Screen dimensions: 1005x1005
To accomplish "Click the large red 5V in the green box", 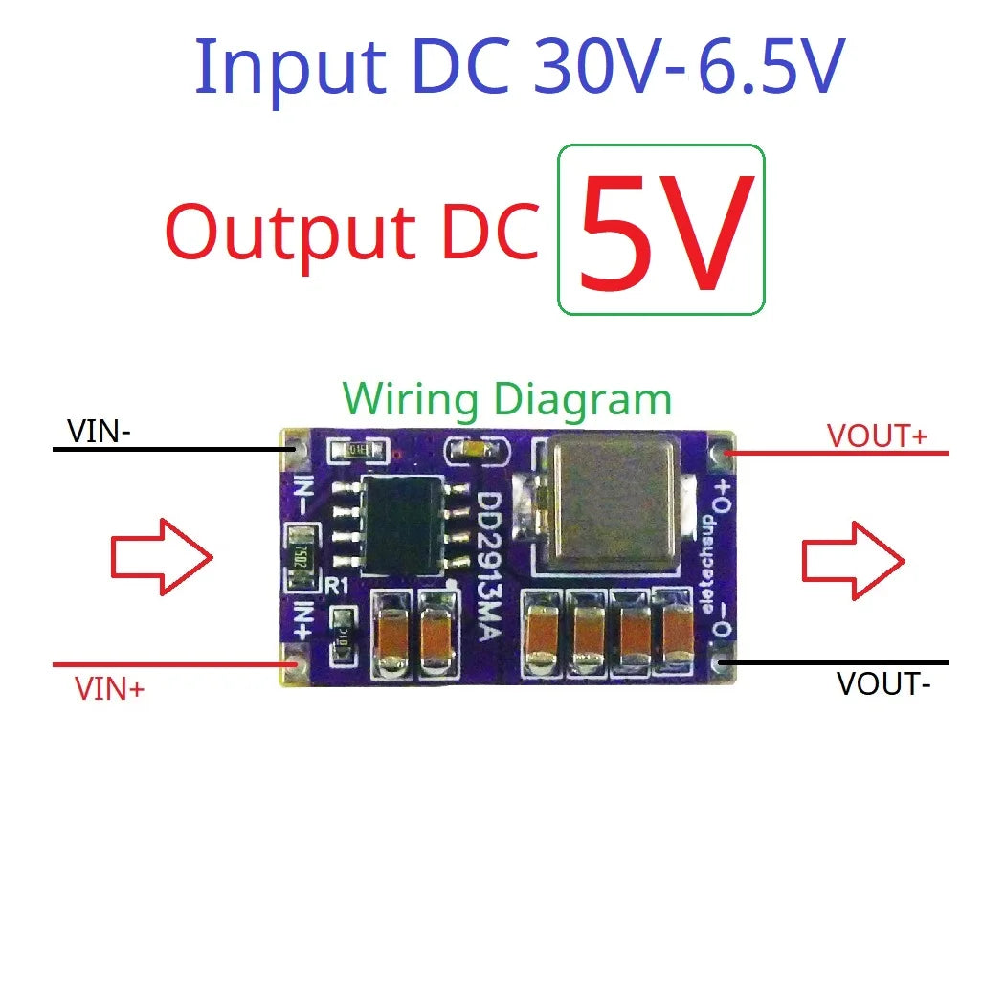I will coord(660,233).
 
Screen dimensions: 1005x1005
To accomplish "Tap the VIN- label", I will coord(100,433).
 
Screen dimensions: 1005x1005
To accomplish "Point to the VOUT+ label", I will coord(877,436).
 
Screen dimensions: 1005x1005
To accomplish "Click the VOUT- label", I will coord(882,684).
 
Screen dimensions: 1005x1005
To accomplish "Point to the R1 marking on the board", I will coord(336,588).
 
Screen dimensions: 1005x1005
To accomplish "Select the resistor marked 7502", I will coord(297,557).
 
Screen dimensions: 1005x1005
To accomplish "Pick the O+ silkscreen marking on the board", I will coord(722,498).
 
